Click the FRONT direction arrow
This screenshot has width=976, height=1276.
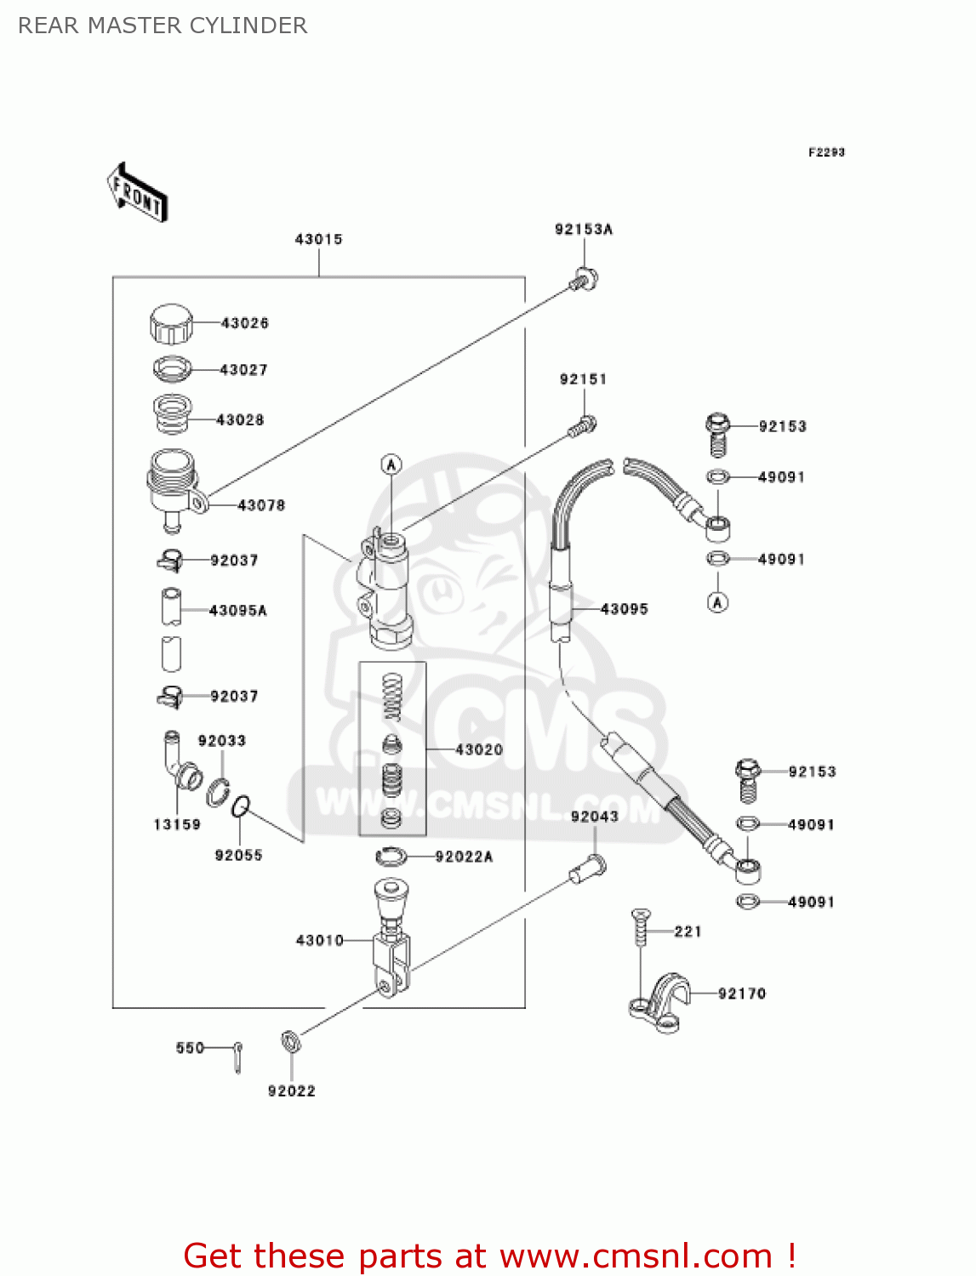[x=137, y=192]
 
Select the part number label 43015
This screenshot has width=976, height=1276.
[x=318, y=239]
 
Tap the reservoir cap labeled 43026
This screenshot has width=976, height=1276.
[x=171, y=323]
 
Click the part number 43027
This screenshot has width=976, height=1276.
[x=243, y=370]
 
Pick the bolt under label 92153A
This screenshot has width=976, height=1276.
[x=584, y=278]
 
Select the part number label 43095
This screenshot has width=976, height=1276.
[x=624, y=609]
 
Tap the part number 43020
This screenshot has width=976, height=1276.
[x=479, y=749]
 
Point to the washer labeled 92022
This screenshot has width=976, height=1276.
[x=289, y=1040]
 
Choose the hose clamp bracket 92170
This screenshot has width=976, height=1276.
[x=660, y=1004]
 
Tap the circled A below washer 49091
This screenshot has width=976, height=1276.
[x=717, y=602]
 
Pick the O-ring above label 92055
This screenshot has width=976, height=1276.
[x=242, y=805]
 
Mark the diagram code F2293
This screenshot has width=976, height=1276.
[x=826, y=152]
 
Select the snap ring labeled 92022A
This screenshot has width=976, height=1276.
[x=391, y=856]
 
